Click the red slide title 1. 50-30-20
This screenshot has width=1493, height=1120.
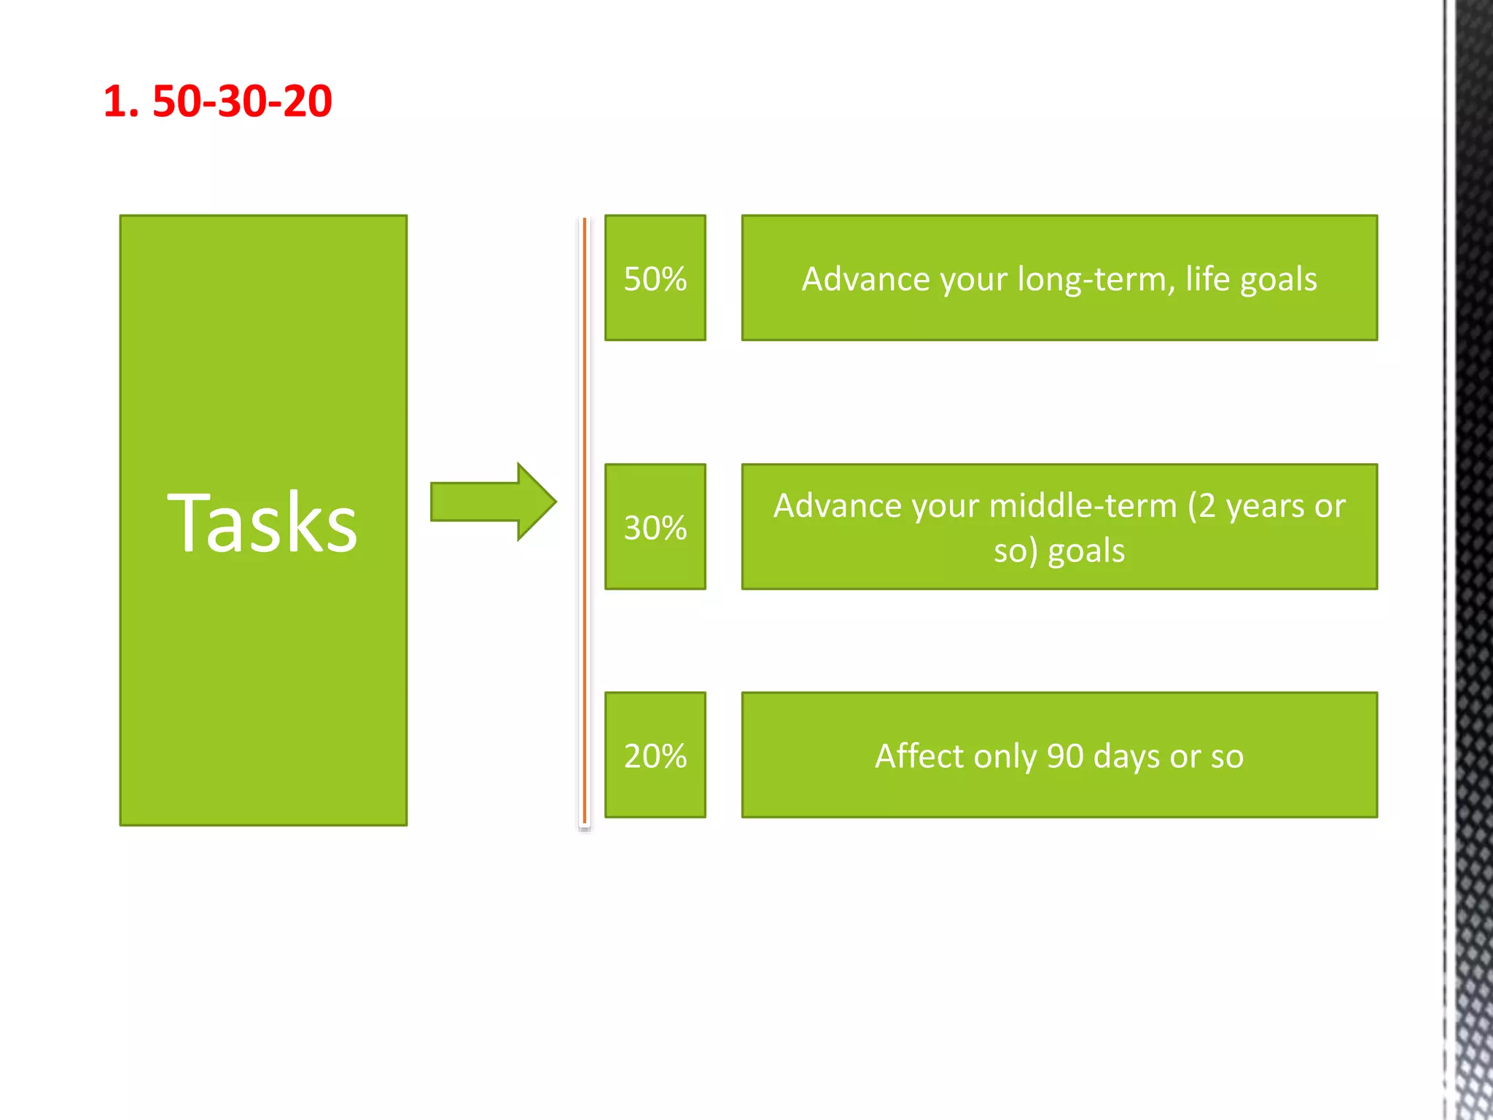(217, 101)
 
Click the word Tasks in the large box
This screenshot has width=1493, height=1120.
(262, 522)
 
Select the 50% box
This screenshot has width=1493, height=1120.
(655, 278)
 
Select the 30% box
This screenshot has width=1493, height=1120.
(655, 526)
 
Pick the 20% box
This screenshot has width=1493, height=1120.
(655, 755)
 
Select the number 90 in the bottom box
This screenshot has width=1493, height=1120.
(1065, 756)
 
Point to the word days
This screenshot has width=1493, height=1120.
(1127, 756)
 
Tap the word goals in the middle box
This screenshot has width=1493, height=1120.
(1086, 551)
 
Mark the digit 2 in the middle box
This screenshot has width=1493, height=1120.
(1207, 505)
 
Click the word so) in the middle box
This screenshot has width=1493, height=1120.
(1015, 551)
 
